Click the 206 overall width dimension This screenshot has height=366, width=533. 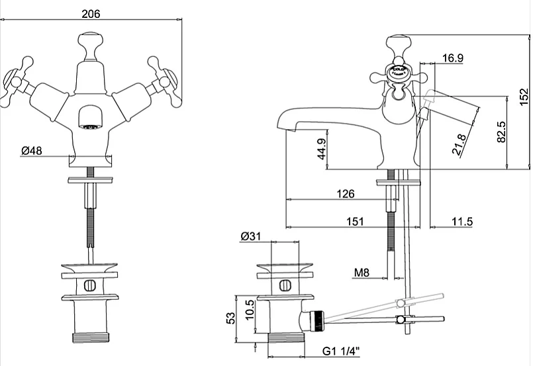(91, 13)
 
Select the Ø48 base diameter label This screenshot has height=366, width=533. (31, 151)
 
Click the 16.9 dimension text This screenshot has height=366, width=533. (452, 58)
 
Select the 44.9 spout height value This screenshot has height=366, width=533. (321, 150)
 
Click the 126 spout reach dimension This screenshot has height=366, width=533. (346, 194)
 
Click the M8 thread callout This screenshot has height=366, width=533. (362, 273)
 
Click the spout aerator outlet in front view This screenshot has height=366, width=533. (90, 120)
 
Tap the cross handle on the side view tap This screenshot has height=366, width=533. (399, 73)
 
